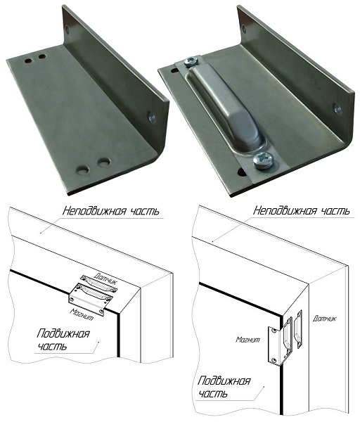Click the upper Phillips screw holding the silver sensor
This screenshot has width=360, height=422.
[191, 62]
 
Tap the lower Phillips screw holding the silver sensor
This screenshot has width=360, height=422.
[264, 161]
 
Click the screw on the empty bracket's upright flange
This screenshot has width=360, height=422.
[152, 118]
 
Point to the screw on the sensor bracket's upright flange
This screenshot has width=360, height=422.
[337, 110]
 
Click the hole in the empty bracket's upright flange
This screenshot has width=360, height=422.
[67, 30]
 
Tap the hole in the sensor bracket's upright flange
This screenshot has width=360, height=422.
[244, 29]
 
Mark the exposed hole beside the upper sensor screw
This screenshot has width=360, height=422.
[175, 71]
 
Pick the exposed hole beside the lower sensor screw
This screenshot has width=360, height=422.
[242, 172]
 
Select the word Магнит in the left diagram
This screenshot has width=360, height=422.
[82, 314]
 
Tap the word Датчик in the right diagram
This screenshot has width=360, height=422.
[324, 318]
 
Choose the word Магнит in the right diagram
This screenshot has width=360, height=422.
[248, 340]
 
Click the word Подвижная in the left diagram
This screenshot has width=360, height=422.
[63, 333]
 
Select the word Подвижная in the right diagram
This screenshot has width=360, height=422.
[224, 381]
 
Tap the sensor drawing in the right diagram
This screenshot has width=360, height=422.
[298, 329]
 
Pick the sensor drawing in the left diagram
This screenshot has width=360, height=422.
[98, 283]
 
